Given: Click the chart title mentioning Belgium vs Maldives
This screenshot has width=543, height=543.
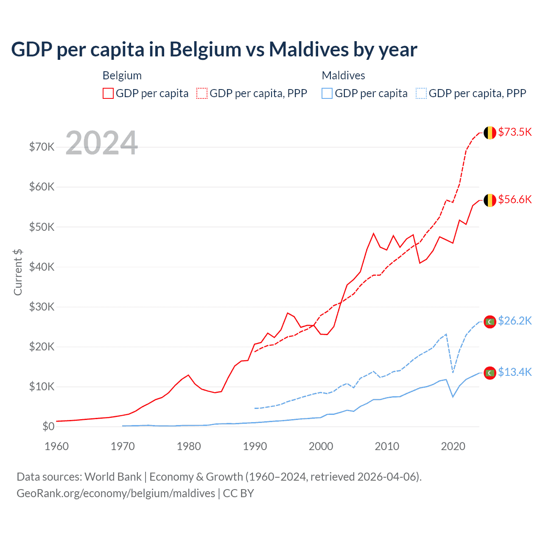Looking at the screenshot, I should pos(214,50).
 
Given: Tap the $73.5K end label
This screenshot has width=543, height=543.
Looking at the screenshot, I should pos(515,132).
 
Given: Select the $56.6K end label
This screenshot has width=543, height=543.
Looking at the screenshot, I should pos(515,199).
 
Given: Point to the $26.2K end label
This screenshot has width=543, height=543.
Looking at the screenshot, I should pos(515,321).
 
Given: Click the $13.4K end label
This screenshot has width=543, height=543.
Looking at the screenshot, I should pos(515,372).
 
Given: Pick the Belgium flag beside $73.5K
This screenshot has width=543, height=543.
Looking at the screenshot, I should pos(490,133).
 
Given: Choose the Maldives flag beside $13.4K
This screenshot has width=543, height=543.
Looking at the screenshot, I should pos(490,373).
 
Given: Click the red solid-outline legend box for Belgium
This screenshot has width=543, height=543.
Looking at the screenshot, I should pos(108,93).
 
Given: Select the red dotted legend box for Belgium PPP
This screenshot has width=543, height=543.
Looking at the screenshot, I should pos(202,93).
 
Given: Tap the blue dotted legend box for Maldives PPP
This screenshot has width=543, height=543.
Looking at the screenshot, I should pos(421,93).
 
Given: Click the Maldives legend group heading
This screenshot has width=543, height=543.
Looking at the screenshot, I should pos(343,76).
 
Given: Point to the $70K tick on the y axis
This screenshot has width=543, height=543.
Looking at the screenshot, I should pos(42,147).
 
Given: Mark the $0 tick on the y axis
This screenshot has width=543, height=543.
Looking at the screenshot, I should pos(48,426).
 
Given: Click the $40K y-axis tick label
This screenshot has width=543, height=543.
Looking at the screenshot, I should pos(42,267).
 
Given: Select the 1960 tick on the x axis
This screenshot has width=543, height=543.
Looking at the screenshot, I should pos(56,446).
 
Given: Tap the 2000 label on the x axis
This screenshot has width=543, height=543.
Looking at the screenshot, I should pos(321,446).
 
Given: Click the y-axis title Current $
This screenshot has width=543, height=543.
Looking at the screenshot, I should pos(18,272).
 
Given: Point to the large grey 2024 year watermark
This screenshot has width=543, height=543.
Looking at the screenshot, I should pos(102,143).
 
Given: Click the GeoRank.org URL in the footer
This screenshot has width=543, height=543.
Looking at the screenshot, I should pos(116,493).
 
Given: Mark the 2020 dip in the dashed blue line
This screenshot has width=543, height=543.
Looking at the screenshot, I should pos(453,372).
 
